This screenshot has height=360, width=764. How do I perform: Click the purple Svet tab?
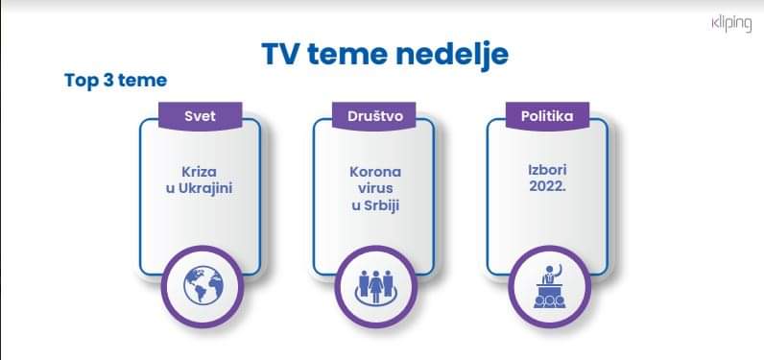(200, 116)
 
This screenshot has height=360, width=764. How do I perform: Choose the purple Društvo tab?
(373, 116)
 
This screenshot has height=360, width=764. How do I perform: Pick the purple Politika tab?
(547, 116)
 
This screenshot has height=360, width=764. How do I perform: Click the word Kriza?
(200, 171)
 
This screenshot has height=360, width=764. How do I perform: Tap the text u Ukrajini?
(200, 188)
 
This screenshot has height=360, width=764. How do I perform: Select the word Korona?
(373, 171)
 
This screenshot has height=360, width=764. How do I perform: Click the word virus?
(373, 188)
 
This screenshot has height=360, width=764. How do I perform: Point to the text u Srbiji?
(373, 205)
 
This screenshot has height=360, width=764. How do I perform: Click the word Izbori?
(547, 170)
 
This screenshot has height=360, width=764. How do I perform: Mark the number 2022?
(547, 187)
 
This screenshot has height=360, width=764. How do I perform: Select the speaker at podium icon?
(548, 286)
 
